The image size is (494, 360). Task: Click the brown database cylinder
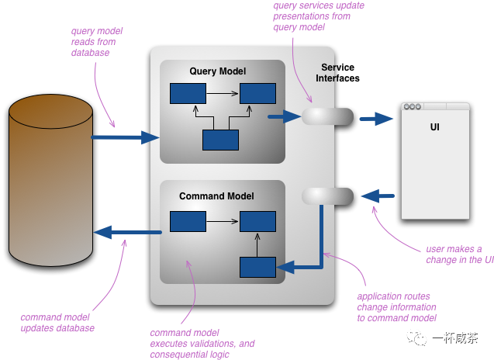click(x=50, y=180)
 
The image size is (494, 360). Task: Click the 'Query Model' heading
click(x=217, y=71)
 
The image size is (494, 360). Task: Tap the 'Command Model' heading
click(x=216, y=196)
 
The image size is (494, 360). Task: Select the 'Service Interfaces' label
click(x=337, y=72)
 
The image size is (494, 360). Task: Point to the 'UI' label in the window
click(x=435, y=126)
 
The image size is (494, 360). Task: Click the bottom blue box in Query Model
click(x=220, y=140)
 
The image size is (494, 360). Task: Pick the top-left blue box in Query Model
click(x=188, y=93)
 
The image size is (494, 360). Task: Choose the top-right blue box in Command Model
click(x=257, y=221)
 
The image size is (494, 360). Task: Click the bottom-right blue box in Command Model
click(x=257, y=268)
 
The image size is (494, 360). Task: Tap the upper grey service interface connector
click(x=327, y=116)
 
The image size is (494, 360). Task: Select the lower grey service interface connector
click(x=327, y=196)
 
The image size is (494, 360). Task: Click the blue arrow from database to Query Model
click(x=125, y=137)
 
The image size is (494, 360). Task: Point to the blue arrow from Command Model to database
click(x=128, y=232)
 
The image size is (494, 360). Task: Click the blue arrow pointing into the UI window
click(x=376, y=119)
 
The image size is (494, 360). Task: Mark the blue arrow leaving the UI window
click(x=378, y=196)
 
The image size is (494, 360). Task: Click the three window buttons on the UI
click(x=413, y=106)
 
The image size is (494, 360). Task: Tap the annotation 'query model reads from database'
click(x=97, y=42)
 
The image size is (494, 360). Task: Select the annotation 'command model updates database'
click(x=57, y=323)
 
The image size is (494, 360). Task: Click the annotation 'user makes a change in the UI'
click(x=460, y=254)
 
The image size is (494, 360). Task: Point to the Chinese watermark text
click(x=455, y=338)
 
